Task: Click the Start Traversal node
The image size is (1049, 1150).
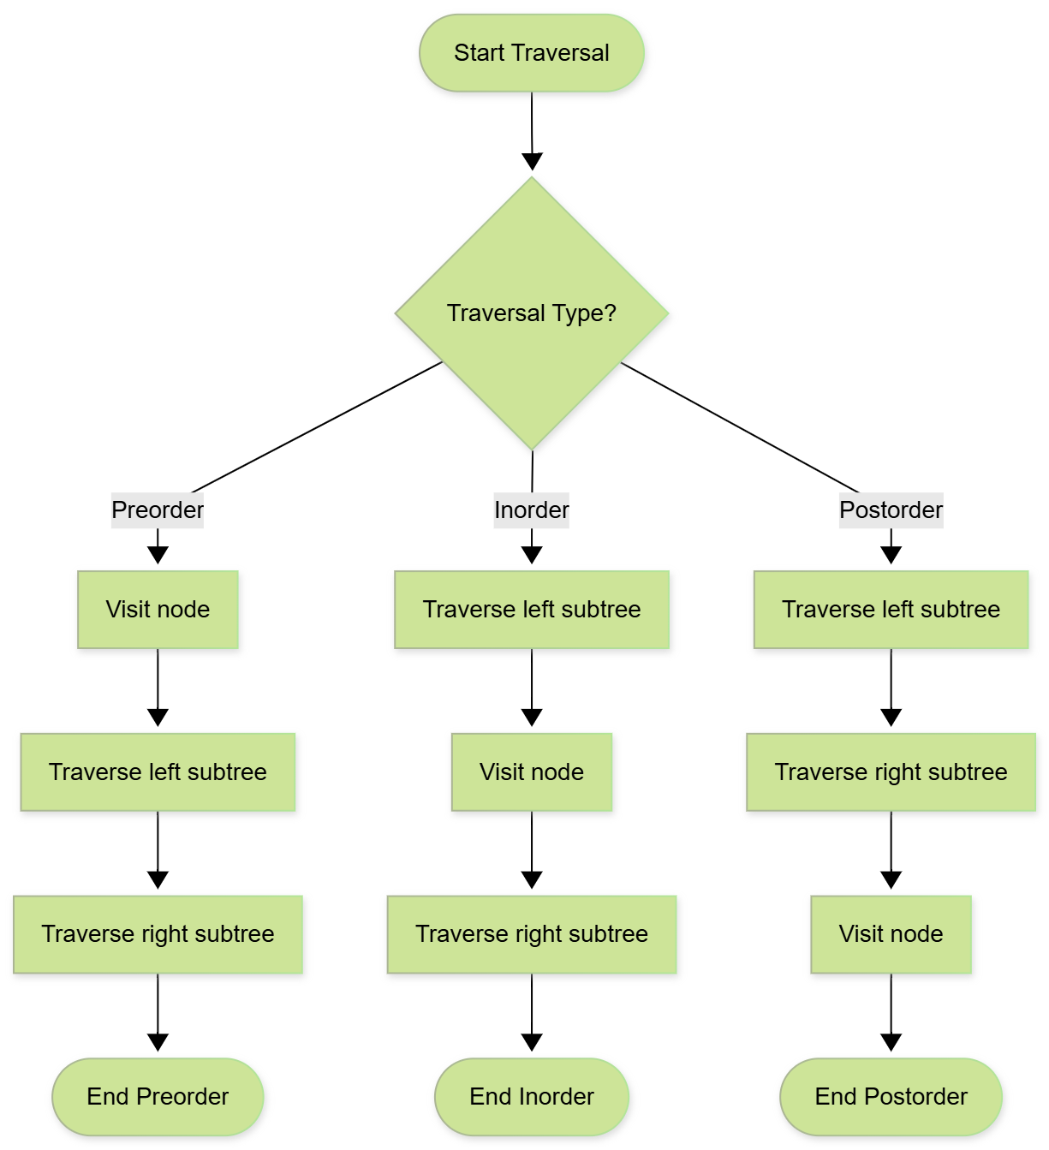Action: tap(531, 53)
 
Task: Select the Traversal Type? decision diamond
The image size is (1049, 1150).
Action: tap(531, 313)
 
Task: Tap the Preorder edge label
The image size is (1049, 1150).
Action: tap(158, 510)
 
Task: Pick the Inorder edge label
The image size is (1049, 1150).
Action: tap(531, 510)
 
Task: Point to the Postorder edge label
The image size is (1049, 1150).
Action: tap(891, 510)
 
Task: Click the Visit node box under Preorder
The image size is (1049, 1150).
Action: tap(158, 610)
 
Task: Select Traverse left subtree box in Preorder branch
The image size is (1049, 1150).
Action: tap(158, 772)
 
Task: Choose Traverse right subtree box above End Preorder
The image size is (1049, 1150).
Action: tap(158, 934)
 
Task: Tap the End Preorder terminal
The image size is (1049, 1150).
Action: tap(158, 1097)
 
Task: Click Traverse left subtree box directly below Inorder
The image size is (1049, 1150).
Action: tap(531, 610)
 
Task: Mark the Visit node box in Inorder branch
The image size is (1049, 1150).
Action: tap(531, 772)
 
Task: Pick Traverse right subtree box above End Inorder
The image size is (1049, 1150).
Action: tap(531, 934)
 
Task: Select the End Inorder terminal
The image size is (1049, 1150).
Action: tap(531, 1097)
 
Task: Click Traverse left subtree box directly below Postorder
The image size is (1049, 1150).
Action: tap(891, 610)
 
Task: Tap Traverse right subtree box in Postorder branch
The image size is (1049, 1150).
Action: tap(891, 772)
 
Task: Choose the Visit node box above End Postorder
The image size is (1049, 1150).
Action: tap(891, 934)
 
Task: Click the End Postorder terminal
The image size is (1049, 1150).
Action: tap(891, 1097)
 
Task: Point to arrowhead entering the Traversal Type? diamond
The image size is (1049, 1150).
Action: tap(532, 162)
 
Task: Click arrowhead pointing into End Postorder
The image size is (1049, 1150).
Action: tap(891, 1043)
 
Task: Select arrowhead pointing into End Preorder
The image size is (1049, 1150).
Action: tap(158, 1043)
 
